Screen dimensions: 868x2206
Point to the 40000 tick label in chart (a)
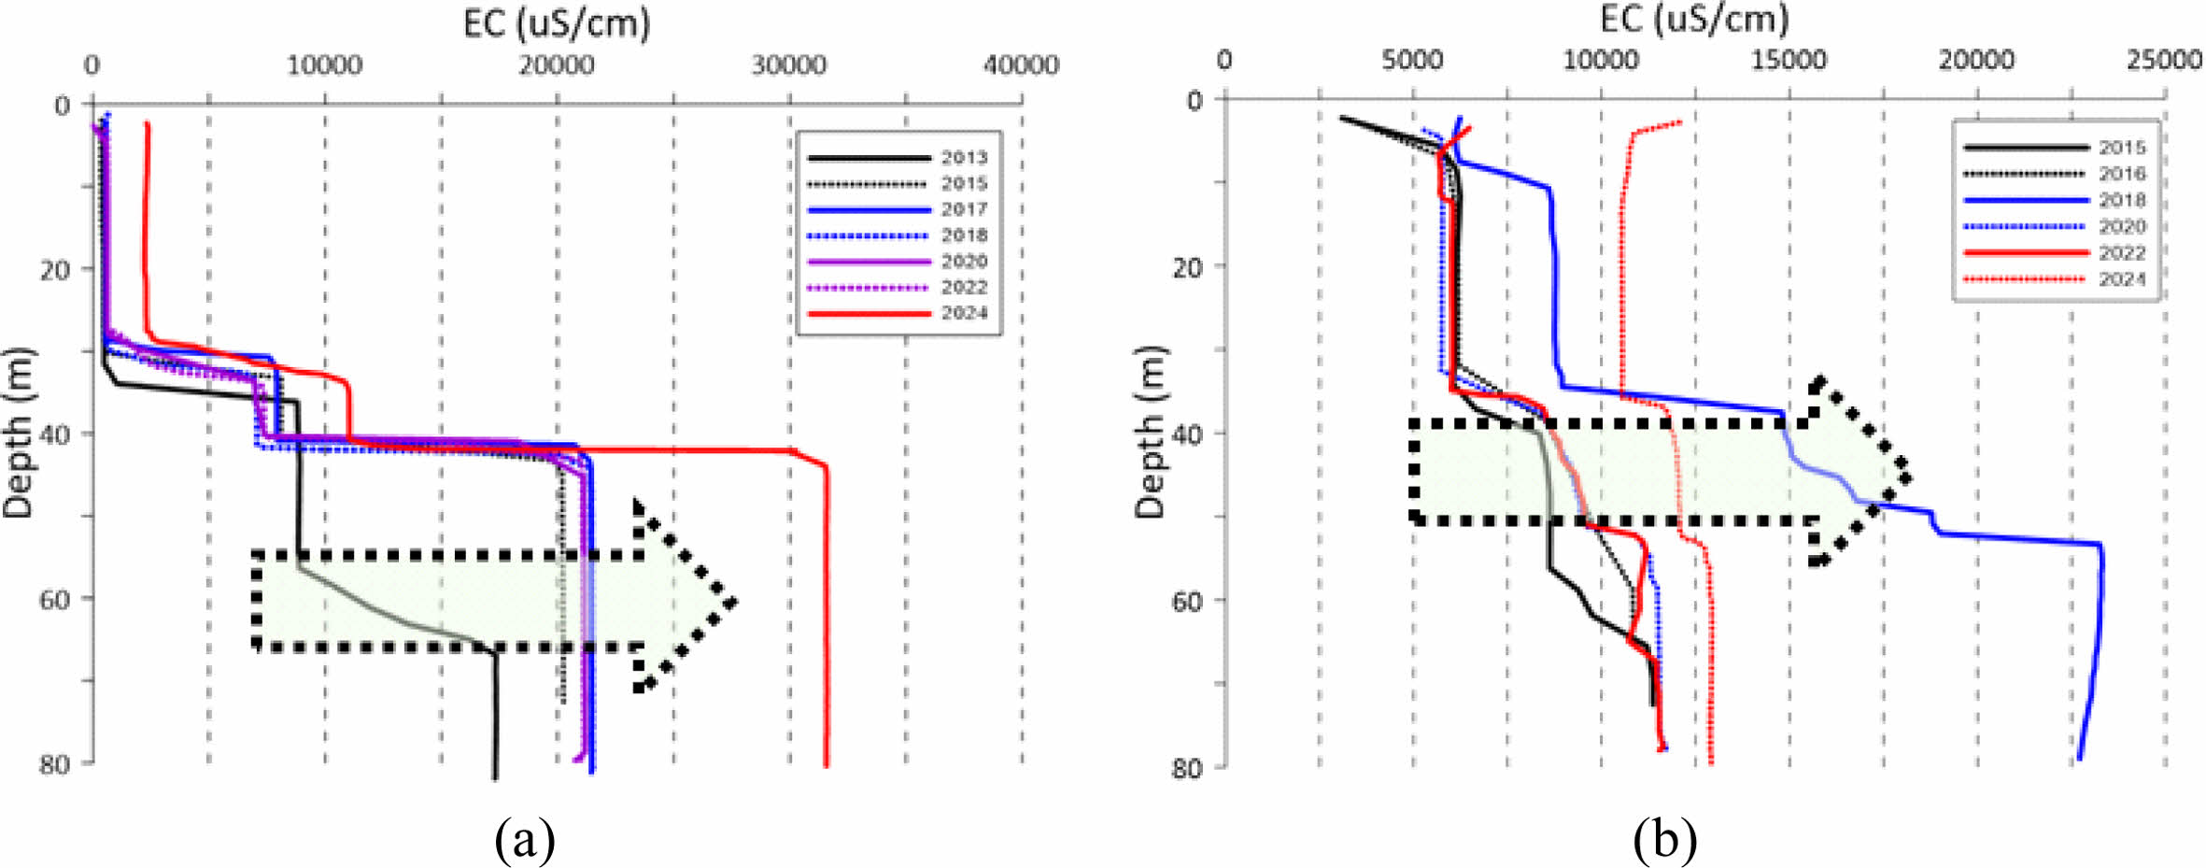[1021, 64]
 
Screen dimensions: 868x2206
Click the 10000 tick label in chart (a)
[324, 64]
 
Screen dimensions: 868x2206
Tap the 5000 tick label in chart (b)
[1412, 60]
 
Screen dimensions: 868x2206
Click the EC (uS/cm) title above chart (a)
[557, 22]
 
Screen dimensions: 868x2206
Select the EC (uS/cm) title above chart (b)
[1694, 19]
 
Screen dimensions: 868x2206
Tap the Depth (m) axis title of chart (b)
[1151, 432]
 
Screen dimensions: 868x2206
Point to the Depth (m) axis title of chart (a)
[18, 432]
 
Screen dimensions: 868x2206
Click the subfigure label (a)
[525, 838]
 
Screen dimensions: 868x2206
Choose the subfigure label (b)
[1664, 838]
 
